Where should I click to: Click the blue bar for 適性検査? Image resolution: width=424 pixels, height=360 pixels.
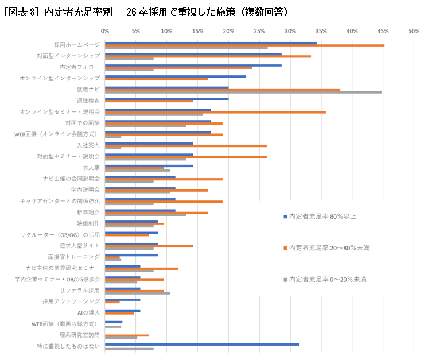coord(167,99)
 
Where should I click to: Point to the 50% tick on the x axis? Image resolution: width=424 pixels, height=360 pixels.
coord(414,31)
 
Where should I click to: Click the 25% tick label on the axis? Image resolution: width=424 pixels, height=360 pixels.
coord(259,31)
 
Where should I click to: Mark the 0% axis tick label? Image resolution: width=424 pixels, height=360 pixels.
coord(104,31)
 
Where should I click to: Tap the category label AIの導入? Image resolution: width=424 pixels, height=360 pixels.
coord(88,312)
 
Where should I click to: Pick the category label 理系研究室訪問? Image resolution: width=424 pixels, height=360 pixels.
coord(80,335)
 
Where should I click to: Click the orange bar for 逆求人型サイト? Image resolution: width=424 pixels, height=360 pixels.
coord(149,246)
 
